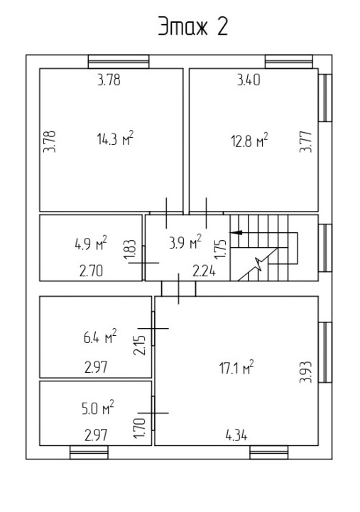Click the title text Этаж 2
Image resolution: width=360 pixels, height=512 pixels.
pos(193,26)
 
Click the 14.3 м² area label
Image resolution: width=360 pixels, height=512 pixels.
pos(116,138)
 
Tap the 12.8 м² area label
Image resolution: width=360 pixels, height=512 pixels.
pos(250,140)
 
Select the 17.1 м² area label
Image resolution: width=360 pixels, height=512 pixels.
pos(236,367)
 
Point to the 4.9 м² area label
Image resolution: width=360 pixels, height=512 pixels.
pos(91,243)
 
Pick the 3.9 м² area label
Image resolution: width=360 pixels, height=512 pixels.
pos(185,242)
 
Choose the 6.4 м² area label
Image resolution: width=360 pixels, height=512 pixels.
pos(100,337)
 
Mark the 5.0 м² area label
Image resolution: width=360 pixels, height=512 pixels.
pos(98,408)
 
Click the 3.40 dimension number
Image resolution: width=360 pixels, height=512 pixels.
pos(249,80)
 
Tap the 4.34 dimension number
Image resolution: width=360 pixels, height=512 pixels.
pos(236,435)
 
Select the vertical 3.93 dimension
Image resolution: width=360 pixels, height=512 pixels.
pos(306,372)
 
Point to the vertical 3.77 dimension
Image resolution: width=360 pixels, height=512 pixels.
pos(306,142)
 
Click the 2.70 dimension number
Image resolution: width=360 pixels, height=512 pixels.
pos(91,271)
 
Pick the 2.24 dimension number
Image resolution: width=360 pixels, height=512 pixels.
pos(204,271)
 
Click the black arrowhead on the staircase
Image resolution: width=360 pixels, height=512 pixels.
pos(236,232)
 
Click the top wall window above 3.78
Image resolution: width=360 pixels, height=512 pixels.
pos(119,61)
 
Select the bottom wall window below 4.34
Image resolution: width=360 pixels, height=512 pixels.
pos(269,452)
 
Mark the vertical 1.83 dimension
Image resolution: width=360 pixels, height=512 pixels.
pos(129,250)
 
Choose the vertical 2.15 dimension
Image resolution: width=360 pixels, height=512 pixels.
pos(139,345)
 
